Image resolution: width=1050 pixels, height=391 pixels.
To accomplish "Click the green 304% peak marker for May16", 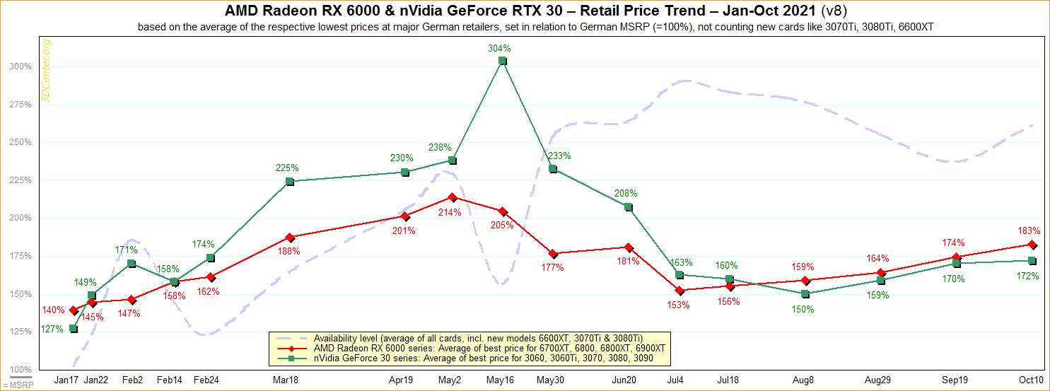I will [x=503, y=61].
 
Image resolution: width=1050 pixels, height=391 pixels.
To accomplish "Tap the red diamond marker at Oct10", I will [x=1032, y=245].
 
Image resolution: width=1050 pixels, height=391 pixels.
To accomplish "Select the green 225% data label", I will [x=288, y=168].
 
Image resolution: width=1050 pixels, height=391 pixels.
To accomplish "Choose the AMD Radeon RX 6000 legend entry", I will [x=489, y=349].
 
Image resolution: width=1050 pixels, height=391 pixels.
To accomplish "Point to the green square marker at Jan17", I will [x=74, y=329].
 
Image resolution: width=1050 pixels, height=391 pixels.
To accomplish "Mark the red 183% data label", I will [x=1029, y=230].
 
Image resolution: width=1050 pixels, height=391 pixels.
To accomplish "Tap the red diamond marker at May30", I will [x=553, y=253].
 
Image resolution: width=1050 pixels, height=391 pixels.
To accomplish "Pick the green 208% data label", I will [x=626, y=193].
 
